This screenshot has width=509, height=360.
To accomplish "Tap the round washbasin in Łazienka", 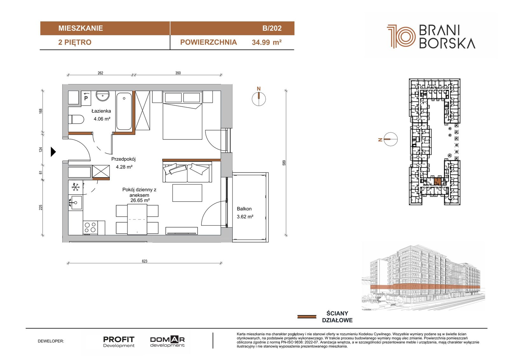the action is point(102,96).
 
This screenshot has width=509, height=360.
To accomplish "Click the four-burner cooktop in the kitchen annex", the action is point(90,228).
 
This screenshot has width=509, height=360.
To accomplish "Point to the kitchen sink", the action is point(75,203).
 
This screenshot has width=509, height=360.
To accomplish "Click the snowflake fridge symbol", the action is point(75,187).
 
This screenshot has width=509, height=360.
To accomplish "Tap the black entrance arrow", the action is point(53,152).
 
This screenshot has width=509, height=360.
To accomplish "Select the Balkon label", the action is point(244,209).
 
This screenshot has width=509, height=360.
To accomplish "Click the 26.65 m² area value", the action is point(140,200).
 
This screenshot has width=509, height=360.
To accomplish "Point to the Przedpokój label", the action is point(123,159).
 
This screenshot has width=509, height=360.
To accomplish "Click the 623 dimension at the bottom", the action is point(144,261).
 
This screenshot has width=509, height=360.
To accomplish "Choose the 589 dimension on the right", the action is point(284,163).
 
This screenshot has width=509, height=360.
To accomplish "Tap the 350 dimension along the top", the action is point(178,73).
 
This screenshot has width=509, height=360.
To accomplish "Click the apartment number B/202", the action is point(272,28).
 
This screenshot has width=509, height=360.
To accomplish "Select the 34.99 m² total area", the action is point(267,42).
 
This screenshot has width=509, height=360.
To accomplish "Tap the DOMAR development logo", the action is point(167,342).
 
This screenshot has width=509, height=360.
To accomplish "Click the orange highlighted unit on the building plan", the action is point(437,181).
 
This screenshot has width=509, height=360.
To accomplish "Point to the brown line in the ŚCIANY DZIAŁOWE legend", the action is point(307,317).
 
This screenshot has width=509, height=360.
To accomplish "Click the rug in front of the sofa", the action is point(187,193).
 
